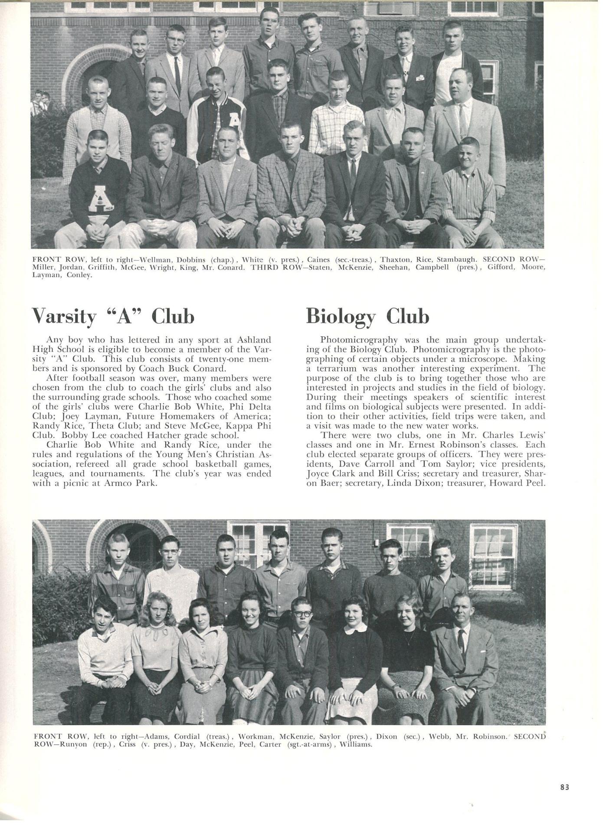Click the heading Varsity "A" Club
click(113, 316)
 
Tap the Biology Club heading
click(367, 316)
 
